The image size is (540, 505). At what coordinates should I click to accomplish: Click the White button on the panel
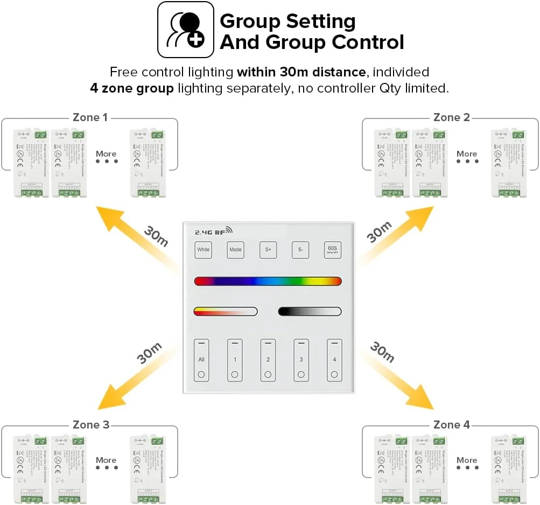203,250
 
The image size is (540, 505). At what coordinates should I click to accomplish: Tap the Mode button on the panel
235,250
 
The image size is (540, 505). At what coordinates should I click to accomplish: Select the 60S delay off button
333,250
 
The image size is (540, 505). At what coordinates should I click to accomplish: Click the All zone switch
201,360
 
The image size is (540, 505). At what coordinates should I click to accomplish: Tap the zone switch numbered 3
301,360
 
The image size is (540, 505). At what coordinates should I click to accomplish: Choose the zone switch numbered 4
334,360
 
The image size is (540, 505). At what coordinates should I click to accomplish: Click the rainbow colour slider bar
268,281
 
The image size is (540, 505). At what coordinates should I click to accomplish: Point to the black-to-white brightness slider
310,311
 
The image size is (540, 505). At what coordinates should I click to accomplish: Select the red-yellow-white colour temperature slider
225,311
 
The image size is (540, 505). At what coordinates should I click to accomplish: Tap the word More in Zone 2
467,153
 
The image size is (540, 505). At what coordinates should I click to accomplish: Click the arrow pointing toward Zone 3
135,377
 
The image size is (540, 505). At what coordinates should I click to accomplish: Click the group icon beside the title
185,30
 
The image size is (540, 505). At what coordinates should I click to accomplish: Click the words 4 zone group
132,88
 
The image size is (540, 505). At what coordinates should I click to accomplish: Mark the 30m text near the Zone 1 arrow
156,235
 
